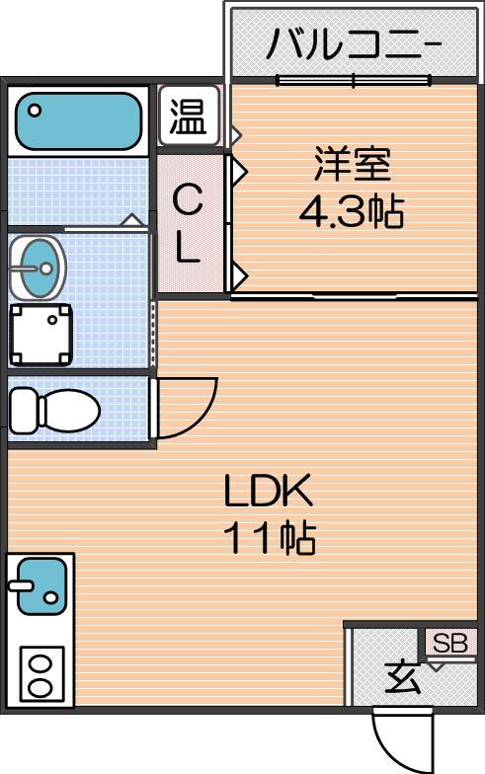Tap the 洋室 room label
pos(353,164)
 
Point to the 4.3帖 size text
pos(352,211)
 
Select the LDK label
pos(268,490)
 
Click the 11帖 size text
pos(269,537)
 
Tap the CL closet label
pos(188,223)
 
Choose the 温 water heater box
pos(188,116)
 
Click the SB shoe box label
pos(450,644)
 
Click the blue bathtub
pos(79,121)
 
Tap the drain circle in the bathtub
pos(35,111)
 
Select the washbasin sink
pos(37,268)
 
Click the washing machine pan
pos(41,335)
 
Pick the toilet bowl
pos(69,409)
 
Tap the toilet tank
pos(25,409)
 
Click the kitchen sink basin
pos(41,586)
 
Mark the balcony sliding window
pos(354,79)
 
